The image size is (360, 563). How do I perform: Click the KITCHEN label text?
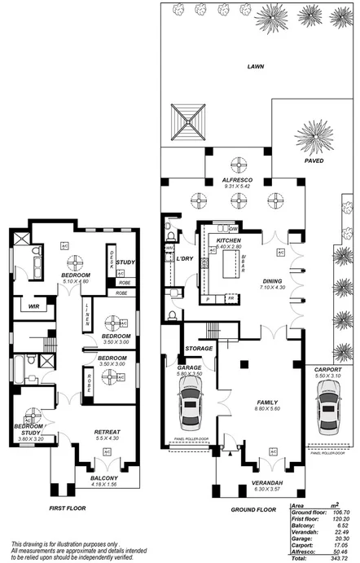pyautogui.click(x=228, y=242)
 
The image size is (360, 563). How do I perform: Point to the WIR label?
pyautogui.click(x=33, y=306)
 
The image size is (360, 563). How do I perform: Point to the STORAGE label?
pyautogui.click(x=199, y=349)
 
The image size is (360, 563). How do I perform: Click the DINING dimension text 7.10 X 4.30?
pyautogui.click(x=273, y=288)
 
